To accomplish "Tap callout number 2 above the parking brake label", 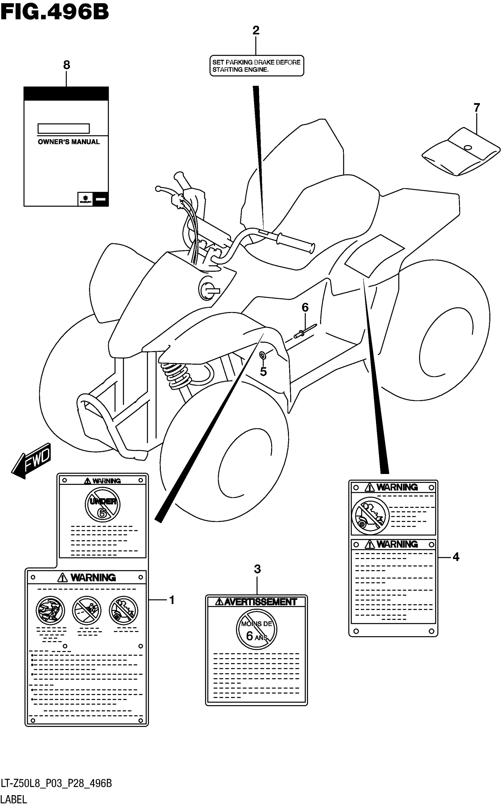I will [256, 30].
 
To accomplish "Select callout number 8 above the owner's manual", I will [67, 65].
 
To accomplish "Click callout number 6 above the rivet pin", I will [305, 308].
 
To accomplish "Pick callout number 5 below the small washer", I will [263, 372].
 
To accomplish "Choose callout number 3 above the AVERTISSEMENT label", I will [257, 569].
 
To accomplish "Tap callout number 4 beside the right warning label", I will [456, 557].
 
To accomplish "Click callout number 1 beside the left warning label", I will [172, 600].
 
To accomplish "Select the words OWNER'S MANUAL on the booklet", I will [69, 142].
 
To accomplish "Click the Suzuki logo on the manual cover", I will [85, 199].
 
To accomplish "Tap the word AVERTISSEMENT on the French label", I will [261, 602].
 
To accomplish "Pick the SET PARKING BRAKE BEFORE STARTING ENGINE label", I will [256, 66].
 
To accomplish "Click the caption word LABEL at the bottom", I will [14, 799].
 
